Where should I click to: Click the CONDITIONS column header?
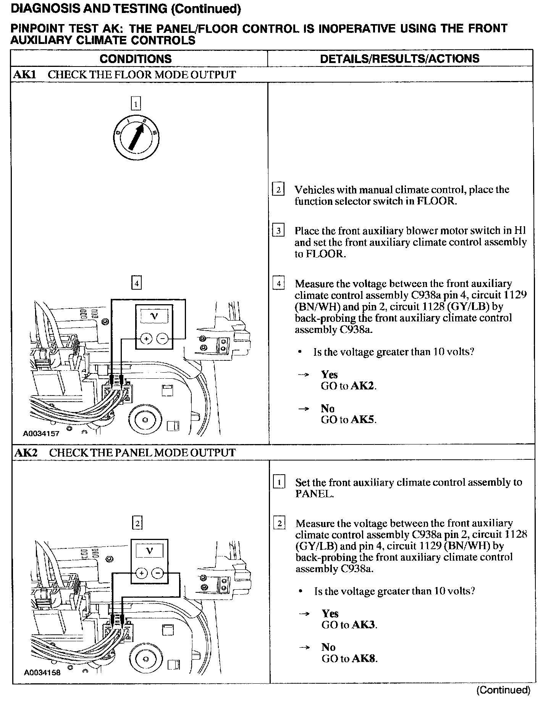tap(136, 59)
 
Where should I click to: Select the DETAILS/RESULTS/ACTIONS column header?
tap(399, 58)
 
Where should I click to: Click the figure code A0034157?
tap(41, 434)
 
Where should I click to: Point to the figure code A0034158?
tap(42, 673)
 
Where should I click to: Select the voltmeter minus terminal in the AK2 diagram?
tap(157, 573)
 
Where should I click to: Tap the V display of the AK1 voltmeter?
tap(154, 316)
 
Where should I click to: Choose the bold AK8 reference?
tap(364, 658)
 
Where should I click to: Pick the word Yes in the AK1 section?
tap(329, 375)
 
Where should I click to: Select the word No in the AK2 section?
tap(328, 647)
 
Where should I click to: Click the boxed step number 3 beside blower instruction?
tap(278, 231)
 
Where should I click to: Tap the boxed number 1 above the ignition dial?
tap(136, 104)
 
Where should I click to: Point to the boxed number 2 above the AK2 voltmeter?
tap(137, 523)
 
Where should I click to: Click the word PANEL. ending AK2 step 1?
tap(314, 494)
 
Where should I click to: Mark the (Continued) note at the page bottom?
tap(503, 690)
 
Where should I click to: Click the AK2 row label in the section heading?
tap(26, 453)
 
